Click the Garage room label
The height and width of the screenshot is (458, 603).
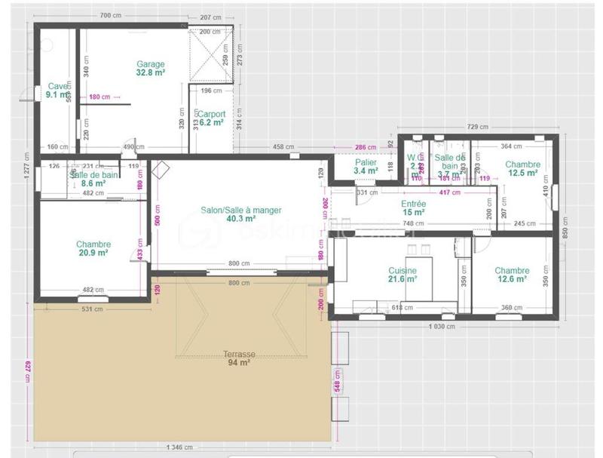coord(150,64)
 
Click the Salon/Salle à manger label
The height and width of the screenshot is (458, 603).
coord(240,210)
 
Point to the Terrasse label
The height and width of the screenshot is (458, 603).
coord(239,353)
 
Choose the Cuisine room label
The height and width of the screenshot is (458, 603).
coord(403,270)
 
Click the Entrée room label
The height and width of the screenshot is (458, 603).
coord(413,204)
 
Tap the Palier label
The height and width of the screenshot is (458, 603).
coord(366,162)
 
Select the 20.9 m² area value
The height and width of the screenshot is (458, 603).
coord(93,253)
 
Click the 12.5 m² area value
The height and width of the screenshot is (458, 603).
coord(522,173)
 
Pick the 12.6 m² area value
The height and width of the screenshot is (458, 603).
coord(512,279)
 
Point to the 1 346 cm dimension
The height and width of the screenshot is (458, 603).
coord(182,447)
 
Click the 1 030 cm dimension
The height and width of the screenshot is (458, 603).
coord(444,327)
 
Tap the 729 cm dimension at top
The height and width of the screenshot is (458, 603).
coord(477,127)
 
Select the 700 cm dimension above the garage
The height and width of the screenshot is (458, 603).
coord(110,16)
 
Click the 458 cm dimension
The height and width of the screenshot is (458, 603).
coord(283,147)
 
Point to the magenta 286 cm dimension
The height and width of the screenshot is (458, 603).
coord(365,147)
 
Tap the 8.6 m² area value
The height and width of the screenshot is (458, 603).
coord(93,183)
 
